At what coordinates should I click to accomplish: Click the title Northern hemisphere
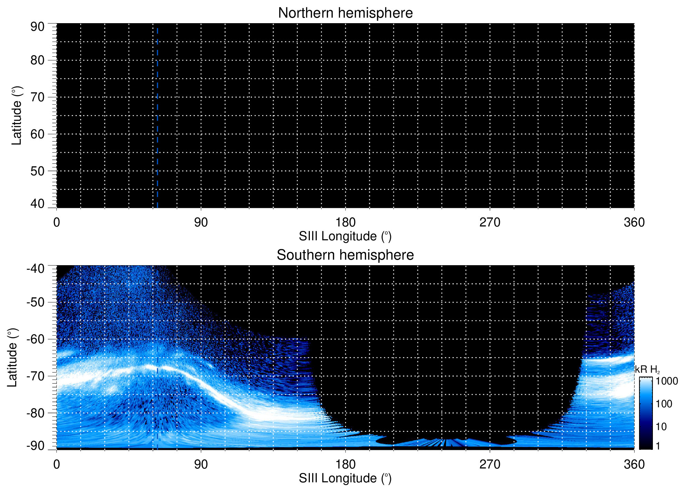(345, 13)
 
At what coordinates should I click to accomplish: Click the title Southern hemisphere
(345, 255)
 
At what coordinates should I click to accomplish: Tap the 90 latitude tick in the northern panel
(37, 27)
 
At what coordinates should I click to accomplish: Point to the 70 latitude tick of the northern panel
(37, 97)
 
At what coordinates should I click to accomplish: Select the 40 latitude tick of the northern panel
(37, 204)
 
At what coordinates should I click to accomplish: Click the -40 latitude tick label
(35, 269)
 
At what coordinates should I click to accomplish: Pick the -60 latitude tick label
(35, 339)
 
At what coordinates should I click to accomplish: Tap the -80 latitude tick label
(35, 413)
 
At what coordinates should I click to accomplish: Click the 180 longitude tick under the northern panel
(345, 222)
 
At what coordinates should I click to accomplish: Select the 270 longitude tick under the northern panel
(490, 222)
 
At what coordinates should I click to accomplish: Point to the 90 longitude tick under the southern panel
(201, 464)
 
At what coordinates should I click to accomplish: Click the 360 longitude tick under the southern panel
(634, 464)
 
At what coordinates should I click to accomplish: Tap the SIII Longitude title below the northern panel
(345, 236)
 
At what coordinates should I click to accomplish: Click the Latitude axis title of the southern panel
(13, 358)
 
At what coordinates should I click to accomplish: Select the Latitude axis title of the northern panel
(17, 115)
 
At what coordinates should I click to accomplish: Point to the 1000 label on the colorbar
(667, 381)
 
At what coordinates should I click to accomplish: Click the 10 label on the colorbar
(661, 427)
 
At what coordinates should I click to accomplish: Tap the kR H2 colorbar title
(647, 370)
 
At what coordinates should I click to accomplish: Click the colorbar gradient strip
(645, 413)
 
